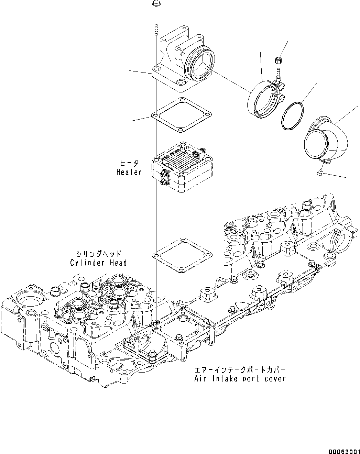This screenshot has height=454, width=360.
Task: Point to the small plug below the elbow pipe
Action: pyautogui.click(x=319, y=172)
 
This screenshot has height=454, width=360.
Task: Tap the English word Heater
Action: pyautogui.click(x=129, y=172)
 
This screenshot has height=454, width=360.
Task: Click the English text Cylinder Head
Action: pyautogui.click(x=98, y=263)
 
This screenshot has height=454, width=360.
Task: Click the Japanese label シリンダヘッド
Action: pyautogui.click(x=99, y=254)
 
